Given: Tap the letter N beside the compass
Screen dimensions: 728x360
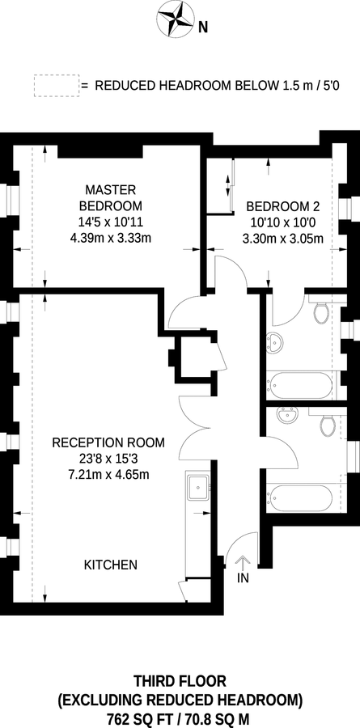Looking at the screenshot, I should point(204,27).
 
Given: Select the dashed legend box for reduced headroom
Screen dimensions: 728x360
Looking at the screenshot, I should point(54,85).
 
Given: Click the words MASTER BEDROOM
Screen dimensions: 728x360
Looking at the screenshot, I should point(110,197).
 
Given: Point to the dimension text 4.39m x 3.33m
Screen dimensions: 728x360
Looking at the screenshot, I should point(111,237).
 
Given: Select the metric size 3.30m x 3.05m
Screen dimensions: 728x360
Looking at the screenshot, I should point(282,239).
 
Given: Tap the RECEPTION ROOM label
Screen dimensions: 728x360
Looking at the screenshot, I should point(108,442).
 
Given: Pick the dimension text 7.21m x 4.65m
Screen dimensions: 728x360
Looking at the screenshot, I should point(110,474).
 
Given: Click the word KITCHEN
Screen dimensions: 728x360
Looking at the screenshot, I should point(111,565).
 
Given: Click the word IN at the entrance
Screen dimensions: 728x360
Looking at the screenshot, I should point(243,579).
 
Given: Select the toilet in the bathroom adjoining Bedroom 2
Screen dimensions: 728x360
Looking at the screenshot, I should point(320,311).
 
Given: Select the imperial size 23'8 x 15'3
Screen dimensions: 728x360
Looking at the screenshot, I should point(108,459).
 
